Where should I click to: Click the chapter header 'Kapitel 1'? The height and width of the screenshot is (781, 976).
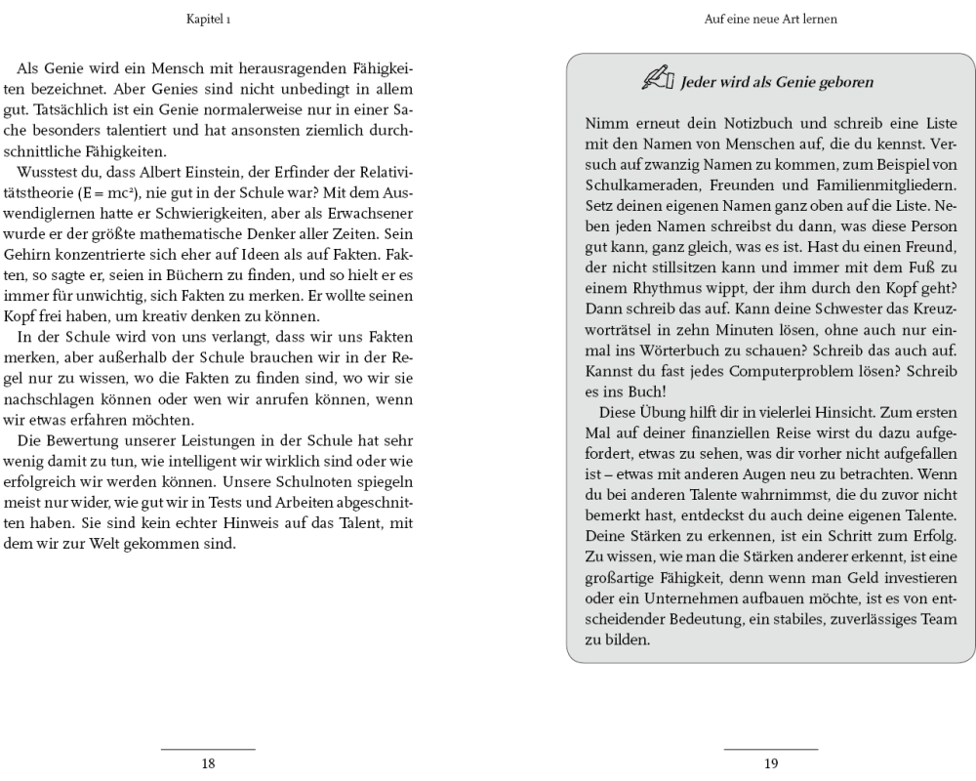[208, 19]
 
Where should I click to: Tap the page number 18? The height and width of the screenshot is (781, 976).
[208, 763]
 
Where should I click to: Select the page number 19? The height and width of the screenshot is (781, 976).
[771, 763]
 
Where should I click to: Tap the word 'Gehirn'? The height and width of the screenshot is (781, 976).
[36, 270]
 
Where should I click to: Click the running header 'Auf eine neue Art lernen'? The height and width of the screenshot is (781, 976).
[770, 19]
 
